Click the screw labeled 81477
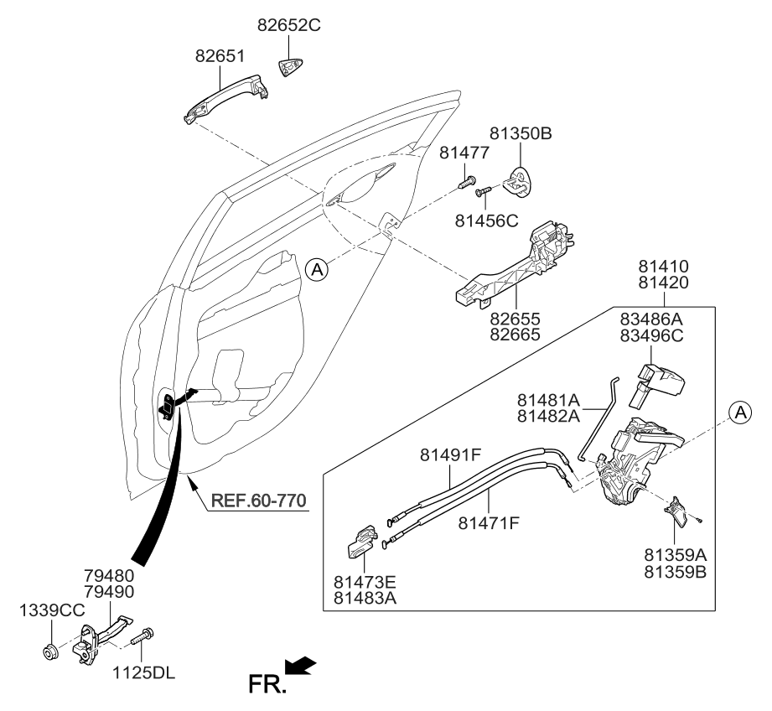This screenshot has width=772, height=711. click(x=467, y=179)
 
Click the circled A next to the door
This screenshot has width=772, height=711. click(x=315, y=269)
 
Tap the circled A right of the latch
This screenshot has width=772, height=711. click(x=738, y=411)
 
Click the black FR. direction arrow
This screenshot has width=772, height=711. click(x=300, y=667)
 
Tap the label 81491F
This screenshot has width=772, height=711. click(x=451, y=455)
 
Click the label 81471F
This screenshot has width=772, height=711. click(x=490, y=523)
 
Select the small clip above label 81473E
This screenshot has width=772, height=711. click(x=361, y=542)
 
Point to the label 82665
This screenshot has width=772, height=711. click(x=516, y=335)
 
